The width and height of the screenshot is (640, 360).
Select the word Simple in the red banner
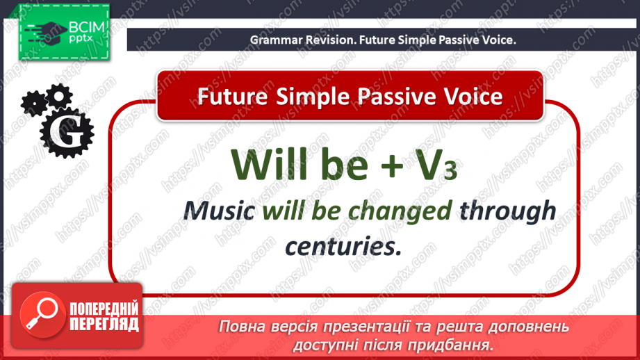(302, 96)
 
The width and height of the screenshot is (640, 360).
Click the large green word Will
(268, 164)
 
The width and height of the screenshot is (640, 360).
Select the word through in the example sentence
(513, 211)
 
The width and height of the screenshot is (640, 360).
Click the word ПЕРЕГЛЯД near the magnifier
(104, 325)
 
